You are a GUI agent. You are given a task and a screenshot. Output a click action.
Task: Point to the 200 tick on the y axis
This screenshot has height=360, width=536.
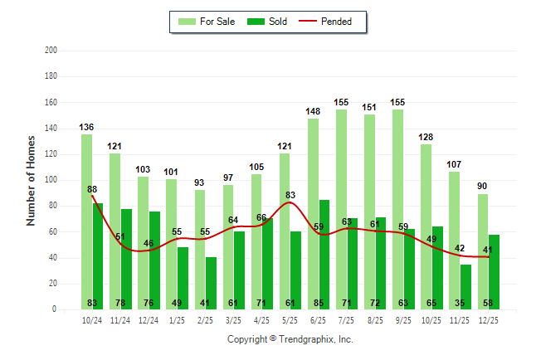coord(51,51)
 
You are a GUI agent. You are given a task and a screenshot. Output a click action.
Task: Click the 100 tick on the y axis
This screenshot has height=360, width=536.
coord(51,180)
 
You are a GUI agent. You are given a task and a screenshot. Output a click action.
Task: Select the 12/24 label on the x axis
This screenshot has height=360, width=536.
coord(149,319)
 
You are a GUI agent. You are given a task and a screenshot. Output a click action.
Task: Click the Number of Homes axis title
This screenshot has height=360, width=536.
coord(32,180)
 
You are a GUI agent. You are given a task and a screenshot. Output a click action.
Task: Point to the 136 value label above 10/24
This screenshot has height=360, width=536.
coord(86,128)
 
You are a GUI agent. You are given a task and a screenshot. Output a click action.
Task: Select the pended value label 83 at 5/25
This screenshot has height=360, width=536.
coord(290,196)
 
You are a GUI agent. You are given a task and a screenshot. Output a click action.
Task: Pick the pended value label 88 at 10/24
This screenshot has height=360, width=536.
coord(92,189)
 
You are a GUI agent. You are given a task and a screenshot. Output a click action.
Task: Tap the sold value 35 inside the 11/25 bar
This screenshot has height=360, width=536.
coord(465,303)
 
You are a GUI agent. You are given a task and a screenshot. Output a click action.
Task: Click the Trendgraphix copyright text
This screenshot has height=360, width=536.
coord(290,339)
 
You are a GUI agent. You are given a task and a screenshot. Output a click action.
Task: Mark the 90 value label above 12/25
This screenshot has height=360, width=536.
coord(483,186)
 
